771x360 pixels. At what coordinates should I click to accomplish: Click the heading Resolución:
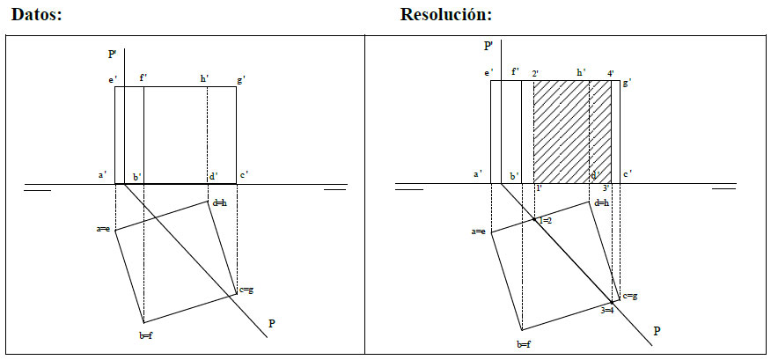[x=445, y=15]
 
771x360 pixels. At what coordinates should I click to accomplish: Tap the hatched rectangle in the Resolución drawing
[x=573, y=131]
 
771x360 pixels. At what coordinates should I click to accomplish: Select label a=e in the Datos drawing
[x=103, y=229]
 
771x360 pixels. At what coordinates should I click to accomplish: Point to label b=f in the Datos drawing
[x=146, y=335]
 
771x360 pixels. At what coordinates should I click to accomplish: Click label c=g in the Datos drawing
[x=247, y=290]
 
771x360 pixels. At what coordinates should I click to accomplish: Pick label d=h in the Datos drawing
[x=219, y=202]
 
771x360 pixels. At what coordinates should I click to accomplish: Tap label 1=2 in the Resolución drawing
[x=545, y=220]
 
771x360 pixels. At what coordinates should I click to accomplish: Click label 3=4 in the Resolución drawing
[x=607, y=310]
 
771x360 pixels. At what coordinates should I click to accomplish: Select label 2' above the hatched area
[x=535, y=73]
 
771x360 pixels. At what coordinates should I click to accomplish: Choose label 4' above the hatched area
[x=611, y=73]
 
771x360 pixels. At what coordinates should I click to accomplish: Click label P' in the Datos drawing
[x=113, y=55]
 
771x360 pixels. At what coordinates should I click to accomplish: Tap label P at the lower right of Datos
[x=272, y=324]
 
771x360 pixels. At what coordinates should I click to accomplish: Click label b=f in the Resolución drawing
[x=524, y=344]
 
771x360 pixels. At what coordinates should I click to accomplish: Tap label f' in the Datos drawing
[x=143, y=79]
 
